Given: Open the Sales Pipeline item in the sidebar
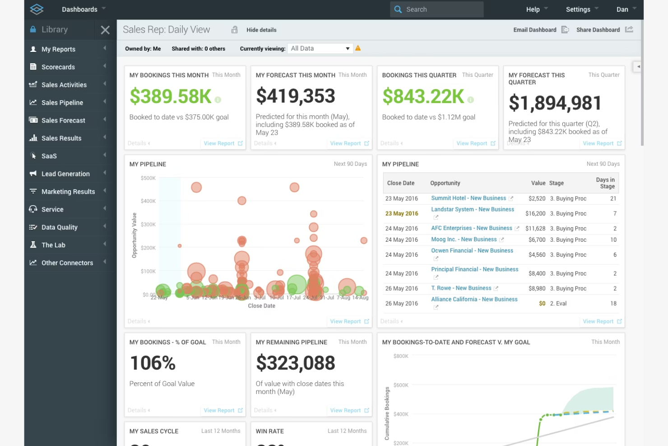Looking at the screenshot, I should point(62,103).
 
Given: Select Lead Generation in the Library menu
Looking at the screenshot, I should point(65,174).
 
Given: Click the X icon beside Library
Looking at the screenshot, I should point(105,30).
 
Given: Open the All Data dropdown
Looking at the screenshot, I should point(320,48).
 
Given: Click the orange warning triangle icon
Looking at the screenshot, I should point(358,48).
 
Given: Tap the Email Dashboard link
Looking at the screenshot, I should point(535,30).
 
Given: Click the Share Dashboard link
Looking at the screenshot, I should point(598,30).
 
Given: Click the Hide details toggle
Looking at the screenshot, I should point(261,30).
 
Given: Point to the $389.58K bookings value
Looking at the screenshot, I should point(170,96).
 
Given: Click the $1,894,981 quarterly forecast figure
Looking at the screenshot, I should point(555,103).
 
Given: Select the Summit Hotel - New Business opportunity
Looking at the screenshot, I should point(468,198).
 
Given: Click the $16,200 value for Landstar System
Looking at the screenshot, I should point(535,213).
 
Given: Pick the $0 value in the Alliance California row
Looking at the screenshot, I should point(542,304).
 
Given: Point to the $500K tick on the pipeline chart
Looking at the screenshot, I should point(148,178).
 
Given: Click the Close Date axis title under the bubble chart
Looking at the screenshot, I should point(261,306).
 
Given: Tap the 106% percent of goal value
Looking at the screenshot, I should point(153,363).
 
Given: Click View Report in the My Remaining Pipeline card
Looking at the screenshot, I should point(345,410).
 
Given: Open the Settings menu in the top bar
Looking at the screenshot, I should point(578,9).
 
